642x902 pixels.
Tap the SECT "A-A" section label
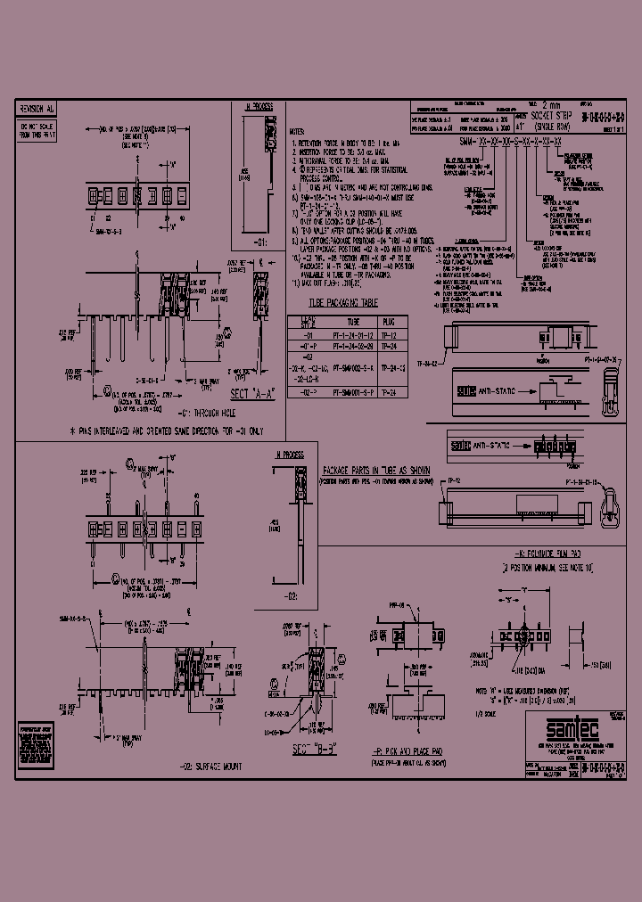tap(251, 394)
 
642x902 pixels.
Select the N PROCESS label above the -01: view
tap(259, 106)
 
